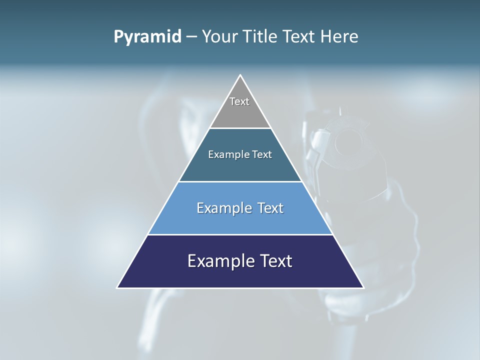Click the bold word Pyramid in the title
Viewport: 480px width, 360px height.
click(x=147, y=37)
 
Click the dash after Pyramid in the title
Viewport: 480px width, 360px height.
click(x=191, y=37)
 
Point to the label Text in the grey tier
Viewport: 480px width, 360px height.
click(x=239, y=101)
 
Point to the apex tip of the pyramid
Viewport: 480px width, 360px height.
click(x=240, y=75)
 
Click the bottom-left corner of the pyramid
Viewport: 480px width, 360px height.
click(x=118, y=287)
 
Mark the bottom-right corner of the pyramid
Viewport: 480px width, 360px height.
click(x=363, y=287)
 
